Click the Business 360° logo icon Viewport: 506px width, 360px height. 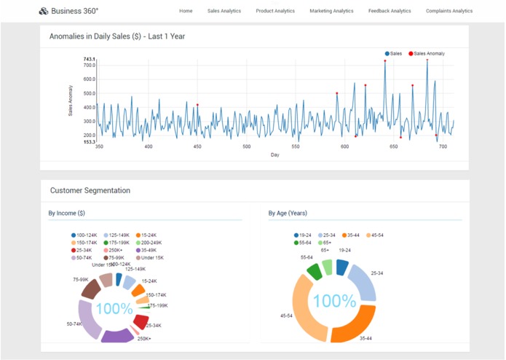(x=43, y=11)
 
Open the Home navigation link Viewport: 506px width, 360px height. (x=186, y=11)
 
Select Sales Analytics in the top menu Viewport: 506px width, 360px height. (x=224, y=11)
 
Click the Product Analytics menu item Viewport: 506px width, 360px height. (x=275, y=11)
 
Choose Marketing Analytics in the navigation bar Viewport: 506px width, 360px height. (x=331, y=11)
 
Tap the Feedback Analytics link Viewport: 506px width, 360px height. (x=390, y=11)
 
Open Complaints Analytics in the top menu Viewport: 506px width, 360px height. (x=448, y=11)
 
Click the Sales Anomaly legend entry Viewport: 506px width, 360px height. (x=428, y=53)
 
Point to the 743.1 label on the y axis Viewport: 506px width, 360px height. (x=89, y=59)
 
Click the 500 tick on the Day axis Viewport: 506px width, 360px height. (x=247, y=146)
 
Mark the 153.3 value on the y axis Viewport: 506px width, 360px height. (x=89, y=141)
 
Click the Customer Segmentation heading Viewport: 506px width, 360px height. (x=90, y=190)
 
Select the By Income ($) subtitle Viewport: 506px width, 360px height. (x=66, y=214)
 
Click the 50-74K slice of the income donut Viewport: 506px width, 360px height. (x=89, y=320)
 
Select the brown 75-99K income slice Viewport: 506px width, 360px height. (x=91, y=289)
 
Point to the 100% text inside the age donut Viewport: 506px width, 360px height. (x=334, y=300)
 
